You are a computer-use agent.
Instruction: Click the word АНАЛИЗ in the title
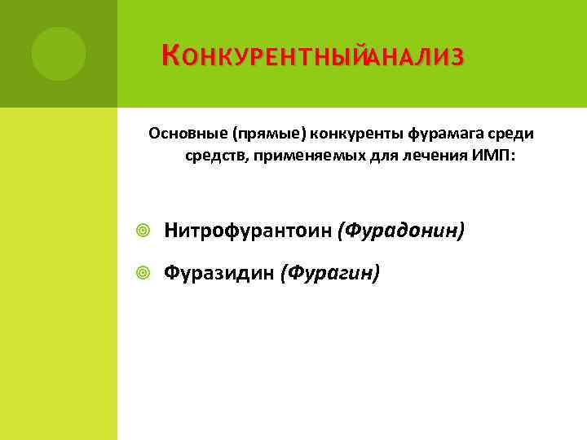click(x=416, y=57)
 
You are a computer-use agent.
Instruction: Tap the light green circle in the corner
click(x=59, y=54)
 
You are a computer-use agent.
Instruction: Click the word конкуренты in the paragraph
click(x=347, y=133)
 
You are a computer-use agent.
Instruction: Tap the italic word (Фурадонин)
click(x=403, y=231)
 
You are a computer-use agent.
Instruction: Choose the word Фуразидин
click(x=219, y=273)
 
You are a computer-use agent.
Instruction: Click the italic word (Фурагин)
click(x=329, y=273)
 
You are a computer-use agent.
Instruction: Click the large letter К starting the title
click(x=170, y=55)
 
